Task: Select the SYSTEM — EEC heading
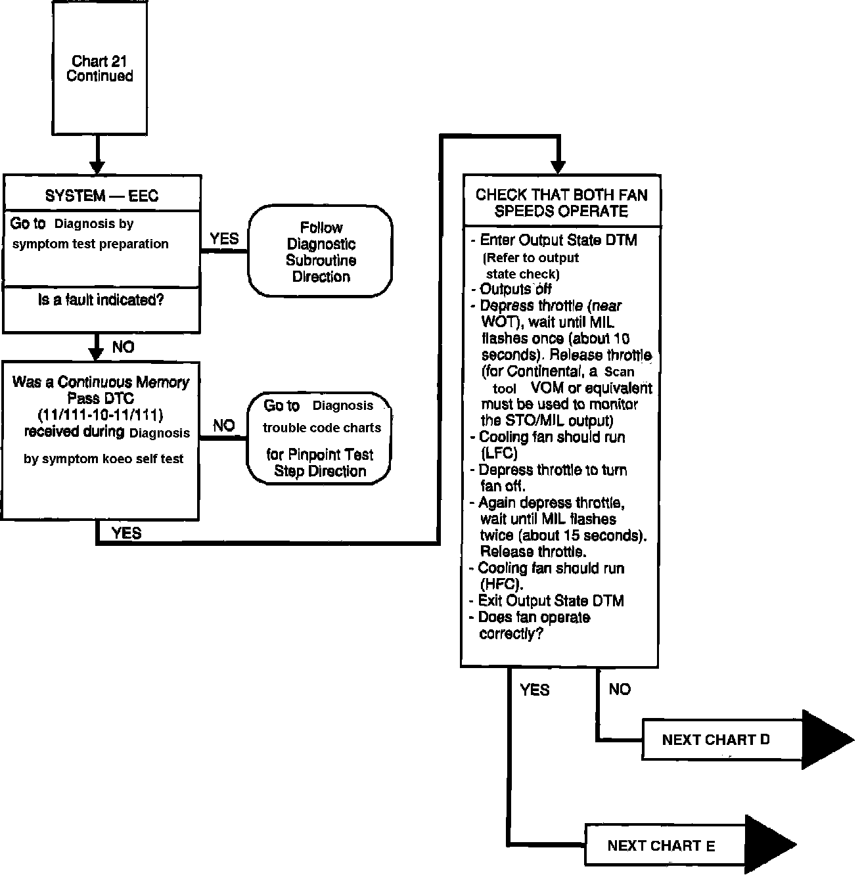(102, 196)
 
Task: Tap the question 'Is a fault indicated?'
(101, 301)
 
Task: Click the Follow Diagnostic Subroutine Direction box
(321, 252)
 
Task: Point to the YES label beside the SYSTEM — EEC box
(224, 239)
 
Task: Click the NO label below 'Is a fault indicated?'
(123, 347)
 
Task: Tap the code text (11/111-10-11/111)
(101, 415)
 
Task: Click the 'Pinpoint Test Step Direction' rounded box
(319, 438)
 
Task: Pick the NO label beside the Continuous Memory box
(223, 426)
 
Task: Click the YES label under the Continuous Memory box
(127, 533)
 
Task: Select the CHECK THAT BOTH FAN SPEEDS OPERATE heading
(561, 203)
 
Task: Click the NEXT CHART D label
(715, 740)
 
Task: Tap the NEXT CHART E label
(661, 845)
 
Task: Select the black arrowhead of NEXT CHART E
(770, 845)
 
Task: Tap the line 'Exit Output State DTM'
(551, 600)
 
